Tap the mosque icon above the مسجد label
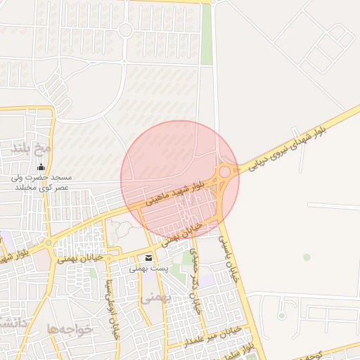(41, 167)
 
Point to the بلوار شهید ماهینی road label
(175, 192)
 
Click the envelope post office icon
(148, 257)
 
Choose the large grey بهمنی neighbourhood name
(156, 298)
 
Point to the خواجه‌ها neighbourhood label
(70, 329)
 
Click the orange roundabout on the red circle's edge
(225, 171)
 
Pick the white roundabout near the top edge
(126, 30)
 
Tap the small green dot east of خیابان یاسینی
(307, 257)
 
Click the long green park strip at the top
(207, 35)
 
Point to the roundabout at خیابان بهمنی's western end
(49, 243)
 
